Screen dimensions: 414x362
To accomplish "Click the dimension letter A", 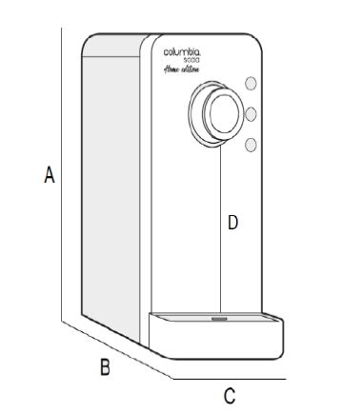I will coord(49,176).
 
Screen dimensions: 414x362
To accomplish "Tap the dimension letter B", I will coord(107,366).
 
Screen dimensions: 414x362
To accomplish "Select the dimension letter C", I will coord(229,394).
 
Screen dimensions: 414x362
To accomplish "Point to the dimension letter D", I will coord(232,224).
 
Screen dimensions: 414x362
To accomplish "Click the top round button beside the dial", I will coord(251,83).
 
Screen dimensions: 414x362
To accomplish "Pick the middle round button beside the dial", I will coord(251,113).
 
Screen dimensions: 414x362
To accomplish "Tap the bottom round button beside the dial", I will coord(251,144).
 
